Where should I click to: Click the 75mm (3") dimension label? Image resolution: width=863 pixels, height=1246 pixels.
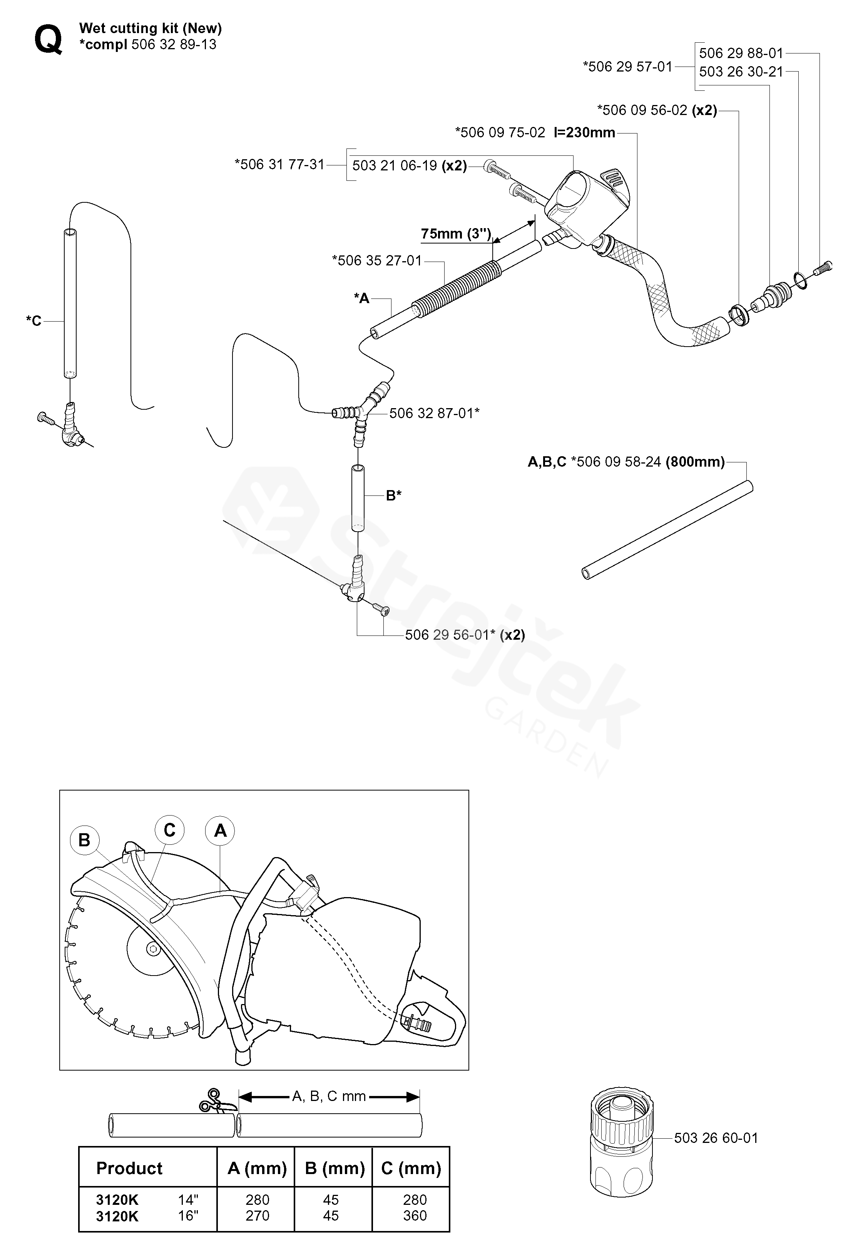(x=456, y=234)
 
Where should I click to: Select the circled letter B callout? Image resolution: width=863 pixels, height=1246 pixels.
(x=84, y=840)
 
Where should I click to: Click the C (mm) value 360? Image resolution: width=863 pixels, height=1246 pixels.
(x=415, y=1215)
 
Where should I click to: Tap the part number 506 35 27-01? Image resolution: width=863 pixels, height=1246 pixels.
(x=377, y=260)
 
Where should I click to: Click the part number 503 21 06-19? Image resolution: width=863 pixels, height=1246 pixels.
(x=394, y=165)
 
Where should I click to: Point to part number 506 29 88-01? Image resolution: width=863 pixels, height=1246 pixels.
(x=741, y=53)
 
